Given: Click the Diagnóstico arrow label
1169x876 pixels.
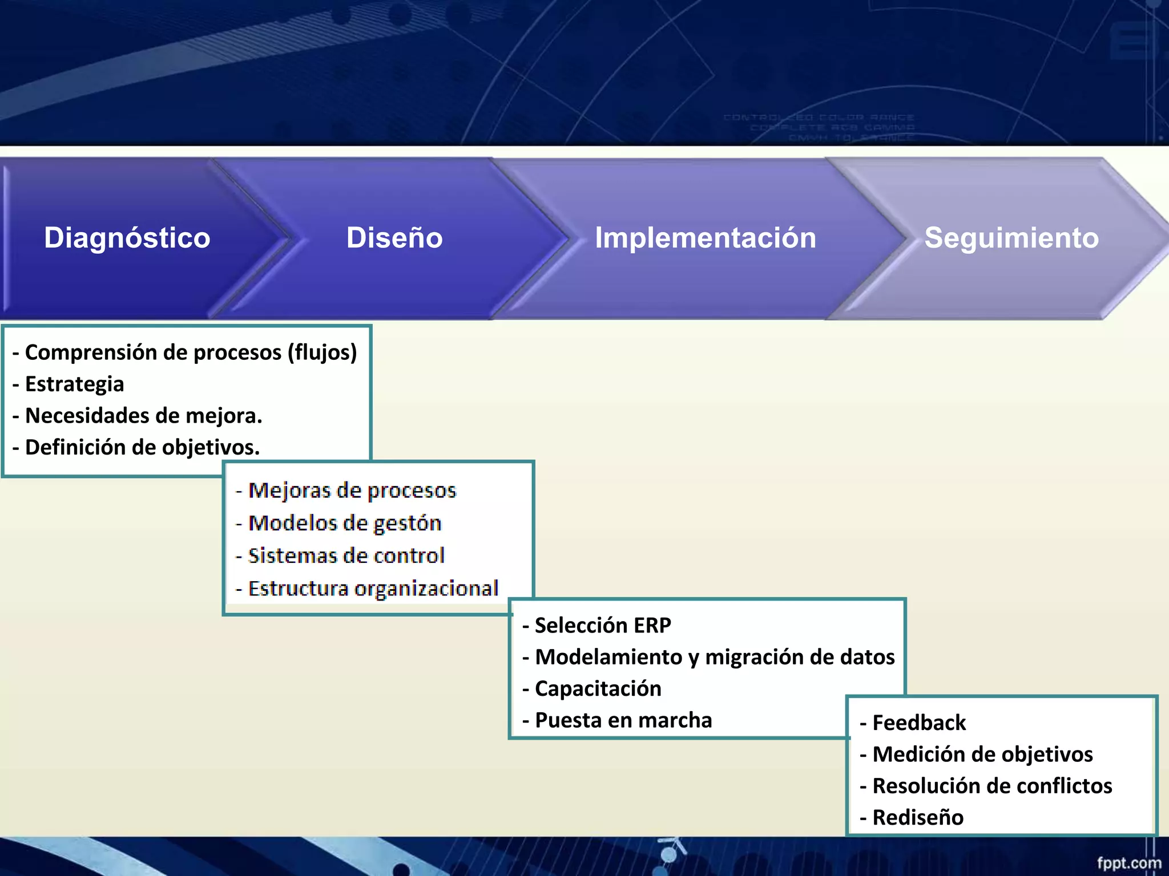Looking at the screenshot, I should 127,238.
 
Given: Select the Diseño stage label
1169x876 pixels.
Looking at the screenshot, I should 394,238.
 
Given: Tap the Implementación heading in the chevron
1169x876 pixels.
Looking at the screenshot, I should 706,238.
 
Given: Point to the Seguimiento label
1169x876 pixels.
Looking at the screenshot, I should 1011,238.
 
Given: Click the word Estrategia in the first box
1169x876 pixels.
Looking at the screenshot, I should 74,384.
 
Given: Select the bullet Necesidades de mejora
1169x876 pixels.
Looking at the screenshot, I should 143,416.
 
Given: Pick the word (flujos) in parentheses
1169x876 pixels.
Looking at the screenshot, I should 322,352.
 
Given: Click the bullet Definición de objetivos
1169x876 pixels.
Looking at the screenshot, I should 142,448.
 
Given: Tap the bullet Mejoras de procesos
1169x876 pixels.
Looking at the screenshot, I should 352,490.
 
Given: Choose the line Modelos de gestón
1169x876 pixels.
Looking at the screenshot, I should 344,523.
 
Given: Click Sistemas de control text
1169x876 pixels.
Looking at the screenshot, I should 346,556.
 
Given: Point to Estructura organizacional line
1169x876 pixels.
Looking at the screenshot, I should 373,589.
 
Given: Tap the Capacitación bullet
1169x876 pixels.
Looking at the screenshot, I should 598,689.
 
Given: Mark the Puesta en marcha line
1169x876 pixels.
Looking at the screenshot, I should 623,720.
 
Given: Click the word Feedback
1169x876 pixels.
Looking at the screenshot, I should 919,723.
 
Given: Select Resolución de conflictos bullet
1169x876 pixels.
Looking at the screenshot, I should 992,786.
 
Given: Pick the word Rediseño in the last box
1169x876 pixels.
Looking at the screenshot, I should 918,818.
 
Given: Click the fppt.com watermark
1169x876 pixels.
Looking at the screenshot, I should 1128,863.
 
